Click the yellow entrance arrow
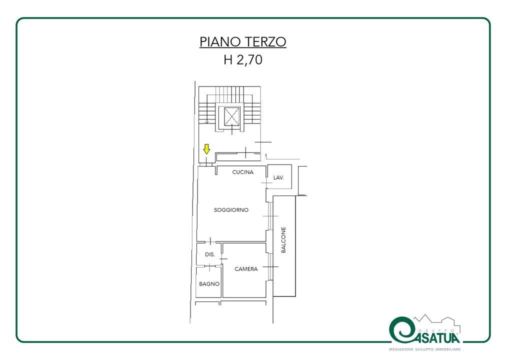206,149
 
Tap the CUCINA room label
243,172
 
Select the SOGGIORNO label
231,210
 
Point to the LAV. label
278,177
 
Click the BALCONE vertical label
283,240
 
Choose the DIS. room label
210,254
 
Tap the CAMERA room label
246,269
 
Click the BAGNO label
209,284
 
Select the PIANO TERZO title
243,42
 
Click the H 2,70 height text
243,59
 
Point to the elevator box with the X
232,116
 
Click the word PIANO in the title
220,42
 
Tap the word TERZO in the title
265,42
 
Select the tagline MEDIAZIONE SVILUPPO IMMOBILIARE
425,349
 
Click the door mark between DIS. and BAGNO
209,266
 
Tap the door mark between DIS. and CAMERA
222,258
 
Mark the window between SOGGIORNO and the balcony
270,216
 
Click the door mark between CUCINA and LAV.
266,182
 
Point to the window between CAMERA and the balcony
270,266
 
